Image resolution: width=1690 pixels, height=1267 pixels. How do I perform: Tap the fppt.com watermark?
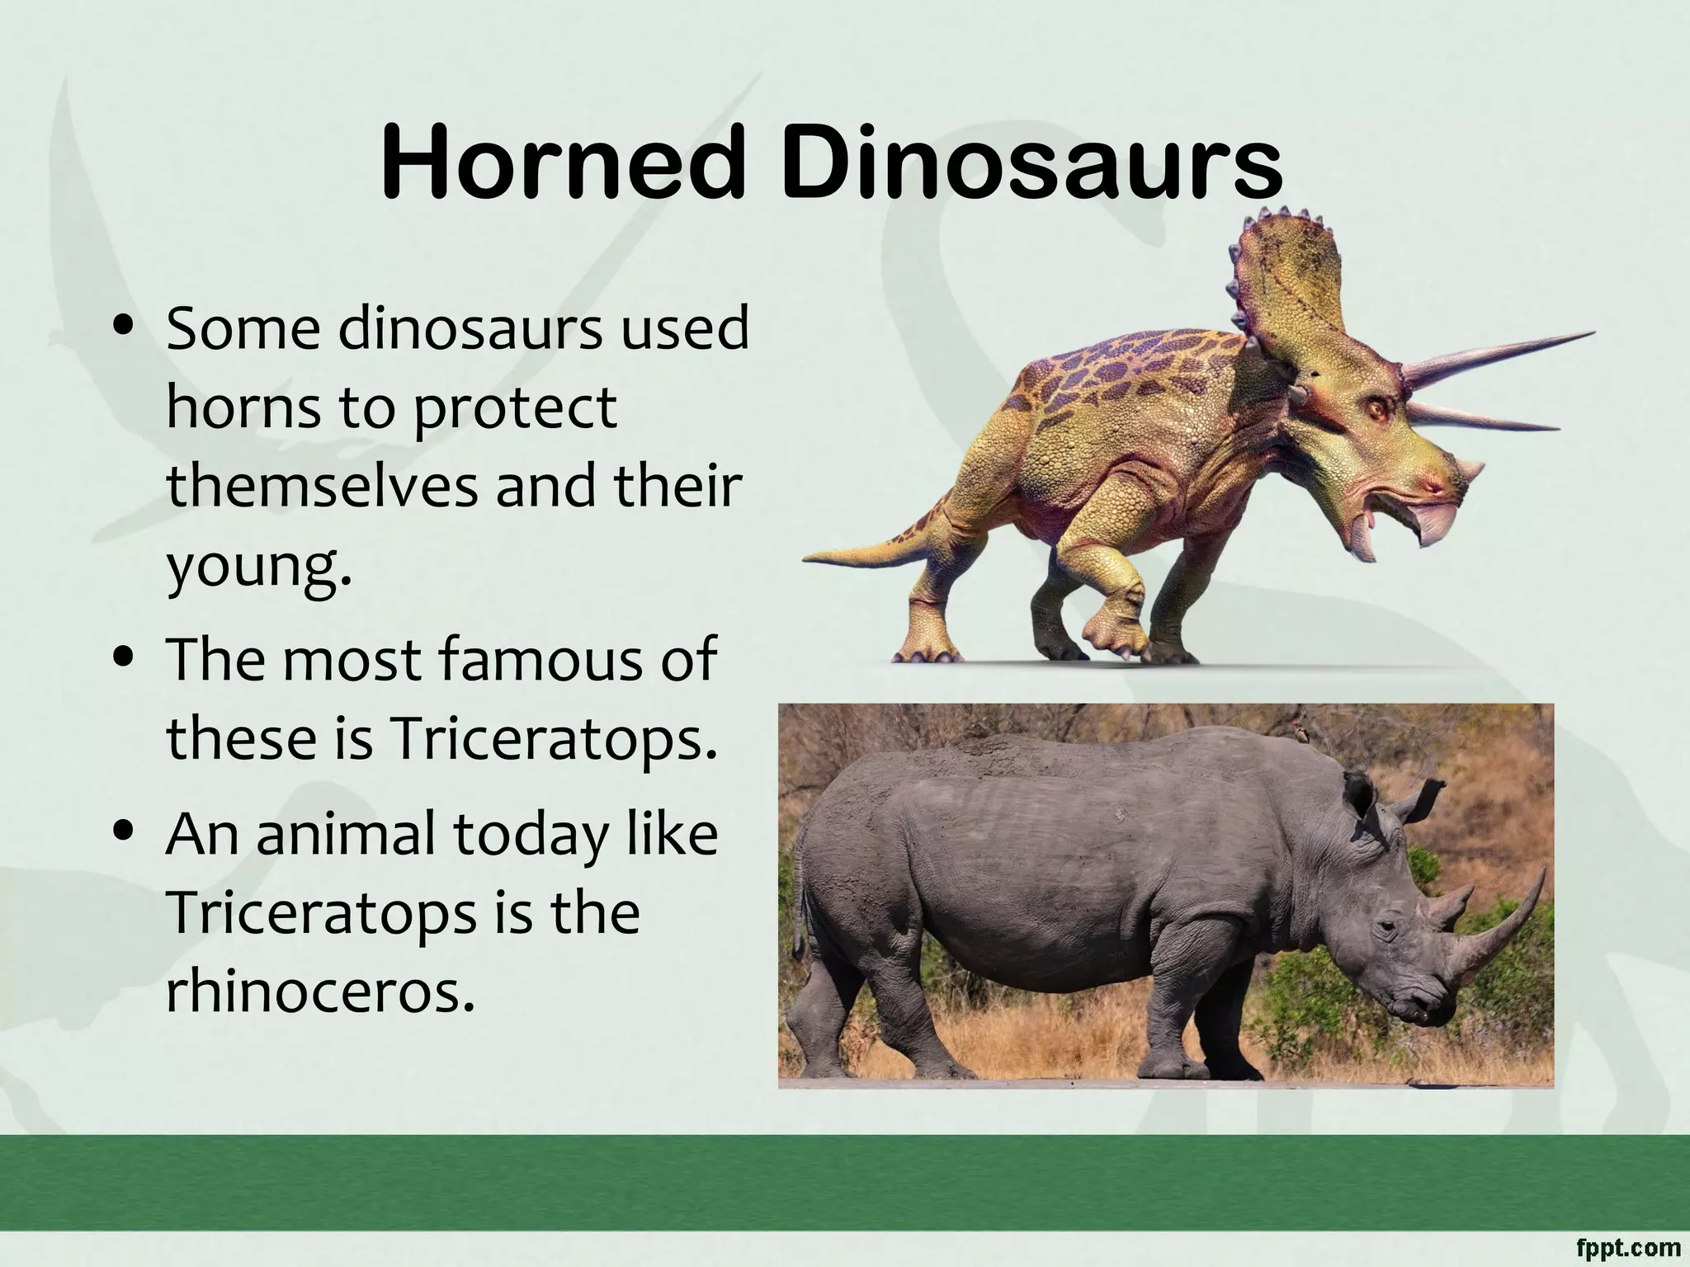pyautogui.click(x=1630, y=1248)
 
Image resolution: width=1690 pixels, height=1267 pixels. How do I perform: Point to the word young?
pyautogui.click(x=258, y=568)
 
